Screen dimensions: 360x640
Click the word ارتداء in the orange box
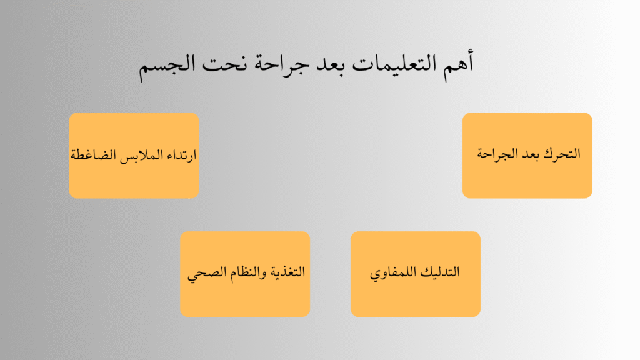(x=179, y=154)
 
